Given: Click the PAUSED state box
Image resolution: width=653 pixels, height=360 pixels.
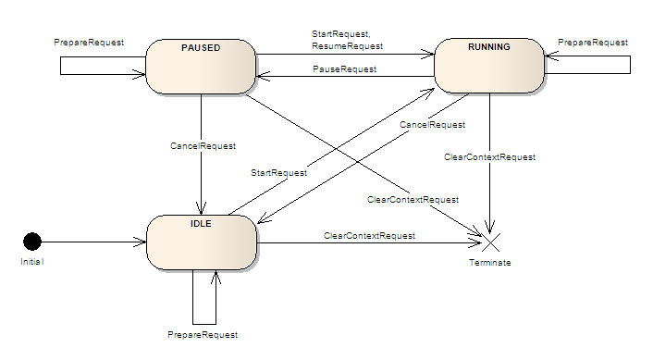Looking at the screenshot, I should pos(201,66).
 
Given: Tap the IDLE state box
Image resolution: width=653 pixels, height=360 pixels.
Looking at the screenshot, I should pos(201,242).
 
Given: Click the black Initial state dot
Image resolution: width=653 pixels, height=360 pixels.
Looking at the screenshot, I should pos(32,242).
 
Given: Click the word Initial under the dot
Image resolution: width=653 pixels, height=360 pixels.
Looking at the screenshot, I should pos(32,262).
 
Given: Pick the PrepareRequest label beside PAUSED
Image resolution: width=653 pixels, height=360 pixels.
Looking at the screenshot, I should pos(91,43).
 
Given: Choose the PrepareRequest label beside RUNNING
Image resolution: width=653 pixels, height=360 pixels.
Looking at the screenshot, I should pos(593,43).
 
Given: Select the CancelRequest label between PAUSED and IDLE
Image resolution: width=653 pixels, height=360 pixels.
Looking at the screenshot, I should pos(203,145).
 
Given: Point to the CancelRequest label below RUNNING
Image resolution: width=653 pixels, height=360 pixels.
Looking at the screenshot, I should pos(431,124).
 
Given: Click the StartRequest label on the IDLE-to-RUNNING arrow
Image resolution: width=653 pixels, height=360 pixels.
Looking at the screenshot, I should pos(279,172).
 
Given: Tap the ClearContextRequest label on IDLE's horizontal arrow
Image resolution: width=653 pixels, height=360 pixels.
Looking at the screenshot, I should pos(369,236).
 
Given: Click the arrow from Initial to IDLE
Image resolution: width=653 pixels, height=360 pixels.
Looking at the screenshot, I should pos(92,242).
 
